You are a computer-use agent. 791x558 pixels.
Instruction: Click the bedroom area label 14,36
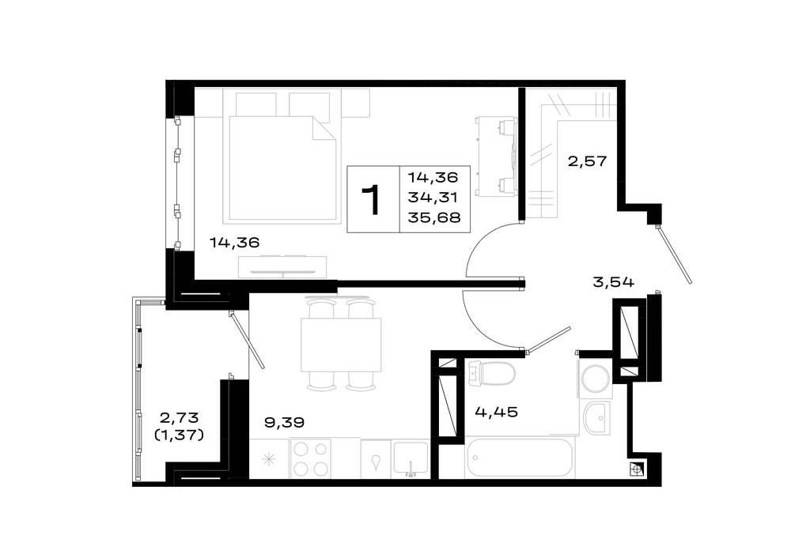point(235,243)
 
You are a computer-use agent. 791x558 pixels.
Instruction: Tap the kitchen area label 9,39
point(285,422)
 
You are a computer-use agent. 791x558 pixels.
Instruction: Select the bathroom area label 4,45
point(497,413)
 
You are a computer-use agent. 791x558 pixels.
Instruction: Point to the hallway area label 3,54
point(613,282)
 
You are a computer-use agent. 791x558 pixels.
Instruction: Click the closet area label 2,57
point(587,162)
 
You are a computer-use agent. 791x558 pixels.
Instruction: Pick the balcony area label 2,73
point(179,417)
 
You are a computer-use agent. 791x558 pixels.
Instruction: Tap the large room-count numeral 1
point(373,199)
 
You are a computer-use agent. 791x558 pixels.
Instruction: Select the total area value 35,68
point(433,218)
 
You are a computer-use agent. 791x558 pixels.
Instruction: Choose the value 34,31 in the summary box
point(433,198)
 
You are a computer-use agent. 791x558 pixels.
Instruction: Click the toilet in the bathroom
point(491,374)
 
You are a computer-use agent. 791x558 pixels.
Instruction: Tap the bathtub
point(520,458)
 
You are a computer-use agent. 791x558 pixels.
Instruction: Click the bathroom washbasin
point(597,418)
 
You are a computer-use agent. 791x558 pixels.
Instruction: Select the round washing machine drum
point(596,379)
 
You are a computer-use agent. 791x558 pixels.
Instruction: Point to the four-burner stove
point(310,458)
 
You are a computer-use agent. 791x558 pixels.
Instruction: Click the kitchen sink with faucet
point(411,459)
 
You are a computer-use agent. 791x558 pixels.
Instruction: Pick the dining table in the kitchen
point(340,345)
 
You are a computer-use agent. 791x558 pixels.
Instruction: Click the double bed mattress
point(282,168)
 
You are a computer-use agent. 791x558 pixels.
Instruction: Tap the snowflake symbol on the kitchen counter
point(269,459)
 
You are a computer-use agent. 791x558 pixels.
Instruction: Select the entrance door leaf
point(674,254)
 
